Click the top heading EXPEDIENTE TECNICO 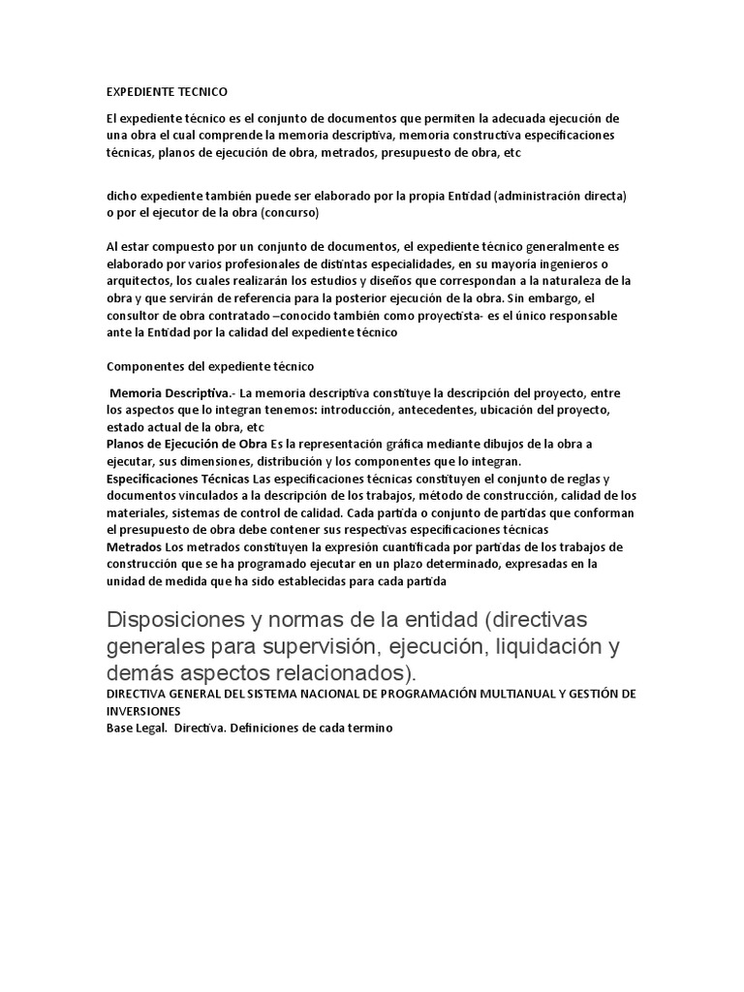(166, 92)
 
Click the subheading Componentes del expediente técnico (210, 367)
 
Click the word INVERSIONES (145, 710)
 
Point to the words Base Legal (136, 728)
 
